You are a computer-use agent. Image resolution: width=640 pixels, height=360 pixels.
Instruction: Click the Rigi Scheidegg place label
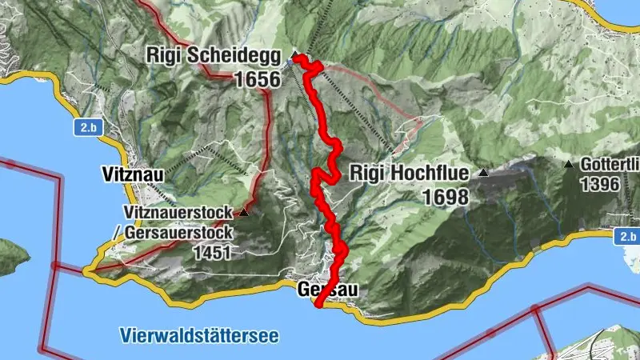(213, 57)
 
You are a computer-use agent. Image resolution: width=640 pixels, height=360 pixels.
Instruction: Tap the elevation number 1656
(258, 79)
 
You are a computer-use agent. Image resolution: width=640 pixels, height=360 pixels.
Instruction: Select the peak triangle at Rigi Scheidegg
(294, 55)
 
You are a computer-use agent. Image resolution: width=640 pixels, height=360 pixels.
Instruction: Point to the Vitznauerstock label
(180, 213)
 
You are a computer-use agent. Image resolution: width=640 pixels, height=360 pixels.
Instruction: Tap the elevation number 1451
(212, 253)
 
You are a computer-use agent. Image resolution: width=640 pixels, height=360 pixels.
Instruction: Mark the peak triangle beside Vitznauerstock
(244, 213)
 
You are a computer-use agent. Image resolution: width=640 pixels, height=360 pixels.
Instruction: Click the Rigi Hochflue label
(411, 173)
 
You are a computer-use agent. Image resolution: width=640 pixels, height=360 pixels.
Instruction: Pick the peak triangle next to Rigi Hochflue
(483, 173)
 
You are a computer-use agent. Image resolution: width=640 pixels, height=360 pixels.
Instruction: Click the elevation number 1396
(601, 184)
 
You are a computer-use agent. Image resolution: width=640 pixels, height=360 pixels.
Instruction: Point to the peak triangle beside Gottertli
(568, 165)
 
